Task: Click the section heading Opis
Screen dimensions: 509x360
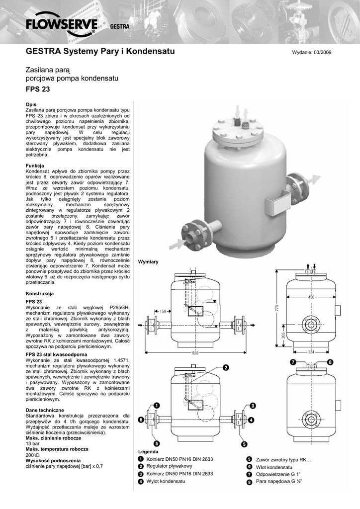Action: click(x=31, y=104)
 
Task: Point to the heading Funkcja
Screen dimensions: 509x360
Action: click(x=35, y=165)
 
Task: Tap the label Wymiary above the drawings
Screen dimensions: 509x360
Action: click(x=148, y=261)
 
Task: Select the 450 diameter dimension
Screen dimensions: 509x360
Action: click(x=311, y=297)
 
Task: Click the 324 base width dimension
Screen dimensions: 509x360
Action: click(x=311, y=352)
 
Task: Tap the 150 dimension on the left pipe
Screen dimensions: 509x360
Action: click(x=163, y=312)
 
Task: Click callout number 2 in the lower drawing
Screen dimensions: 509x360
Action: click(x=225, y=367)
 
